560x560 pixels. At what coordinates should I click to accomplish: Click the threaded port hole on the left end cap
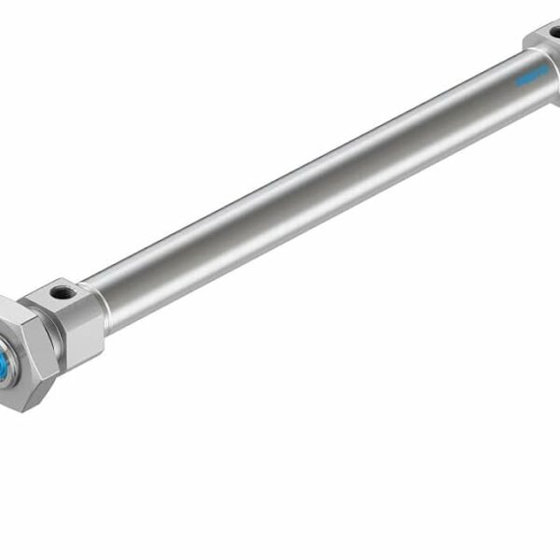pos(63,293)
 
